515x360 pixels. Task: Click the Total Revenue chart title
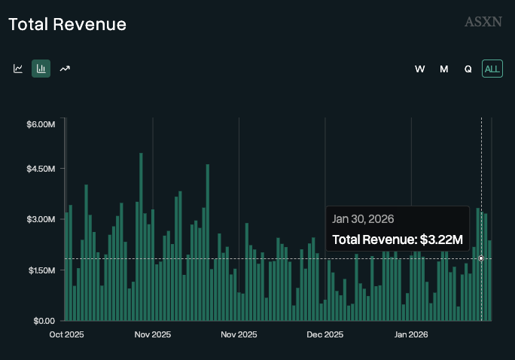67,24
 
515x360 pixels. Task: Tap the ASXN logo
483,22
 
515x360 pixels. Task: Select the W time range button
420,69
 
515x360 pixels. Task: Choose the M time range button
444,69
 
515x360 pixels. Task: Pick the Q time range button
468,69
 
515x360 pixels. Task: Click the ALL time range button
492,69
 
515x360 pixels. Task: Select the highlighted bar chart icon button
41,69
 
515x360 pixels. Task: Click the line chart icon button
18,69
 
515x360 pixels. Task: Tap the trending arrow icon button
66,69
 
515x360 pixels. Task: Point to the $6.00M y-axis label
41,124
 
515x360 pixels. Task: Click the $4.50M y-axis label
41,169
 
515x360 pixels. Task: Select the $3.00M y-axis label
41,219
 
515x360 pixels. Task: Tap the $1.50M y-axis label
41,270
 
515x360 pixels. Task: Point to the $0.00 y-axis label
44,320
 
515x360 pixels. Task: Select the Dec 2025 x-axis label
325,334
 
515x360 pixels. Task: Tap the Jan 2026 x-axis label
412,334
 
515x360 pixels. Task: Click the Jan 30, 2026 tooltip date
363,218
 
